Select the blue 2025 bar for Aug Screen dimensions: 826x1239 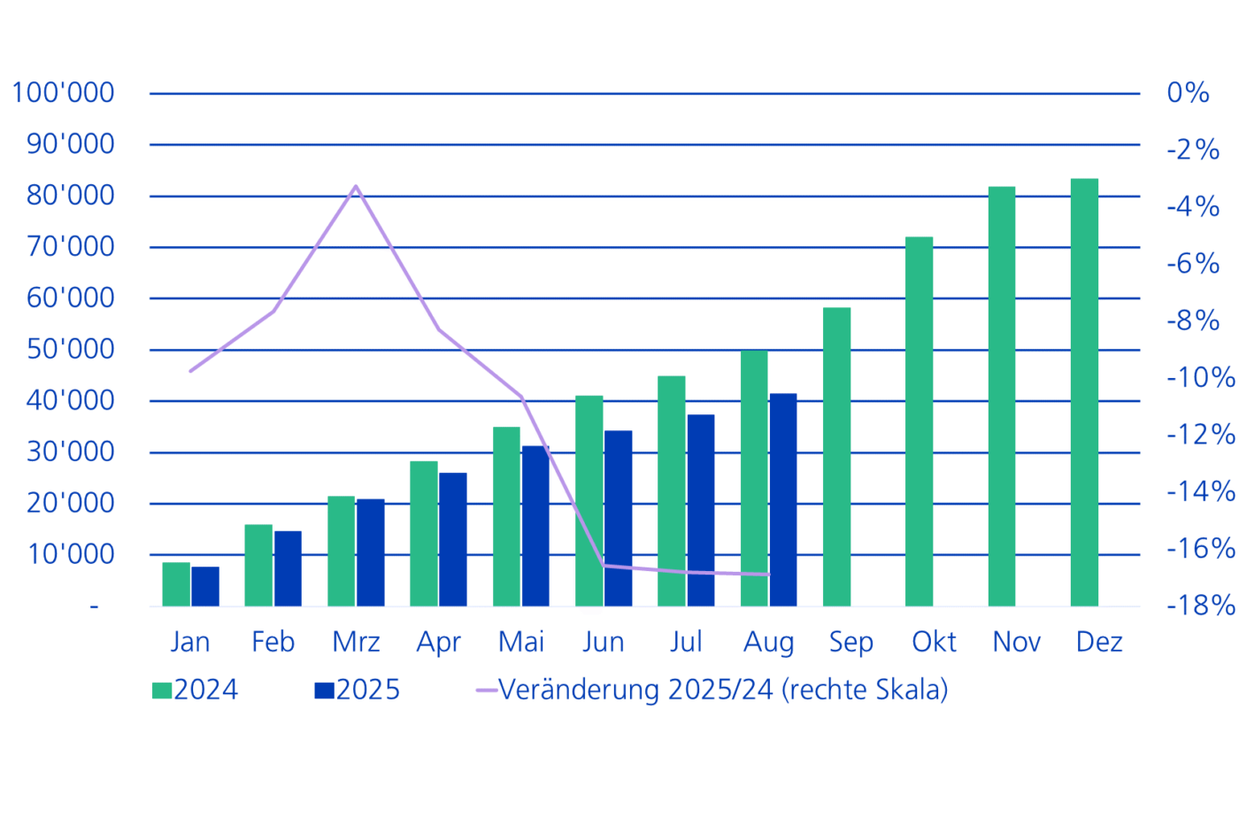(x=783, y=500)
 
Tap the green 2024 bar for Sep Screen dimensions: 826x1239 (x=836, y=457)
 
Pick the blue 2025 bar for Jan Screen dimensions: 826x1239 (x=205, y=586)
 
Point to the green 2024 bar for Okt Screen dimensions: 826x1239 (x=919, y=421)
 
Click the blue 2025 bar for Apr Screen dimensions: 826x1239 (x=453, y=539)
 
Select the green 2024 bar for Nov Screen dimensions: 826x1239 (x=1002, y=397)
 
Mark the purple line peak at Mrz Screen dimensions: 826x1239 (x=356, y=187)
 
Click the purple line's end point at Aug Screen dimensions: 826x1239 (x=769, y=575)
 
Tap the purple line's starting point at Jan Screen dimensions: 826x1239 (x=190, y=371)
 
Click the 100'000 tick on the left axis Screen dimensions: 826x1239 (x=63, y=92)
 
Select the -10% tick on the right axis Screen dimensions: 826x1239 (x=1200, y=378)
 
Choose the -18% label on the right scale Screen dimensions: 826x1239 (x=1200, y=606)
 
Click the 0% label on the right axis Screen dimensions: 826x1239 (x=1188, y=92)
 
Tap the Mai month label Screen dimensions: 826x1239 (x=521, y=642)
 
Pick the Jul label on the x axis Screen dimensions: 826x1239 (x=686, y=642)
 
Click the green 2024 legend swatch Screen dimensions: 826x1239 (x=162, y=691)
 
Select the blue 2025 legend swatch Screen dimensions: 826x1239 (x=324, y=691)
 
